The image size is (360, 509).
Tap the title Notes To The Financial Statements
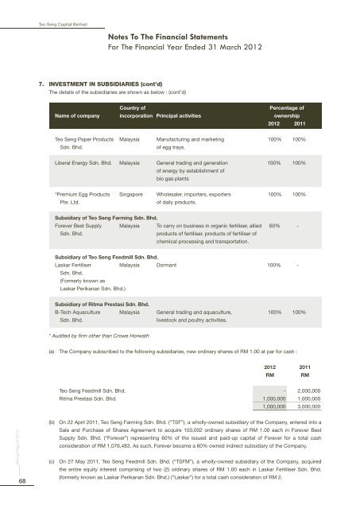pos(176,36)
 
